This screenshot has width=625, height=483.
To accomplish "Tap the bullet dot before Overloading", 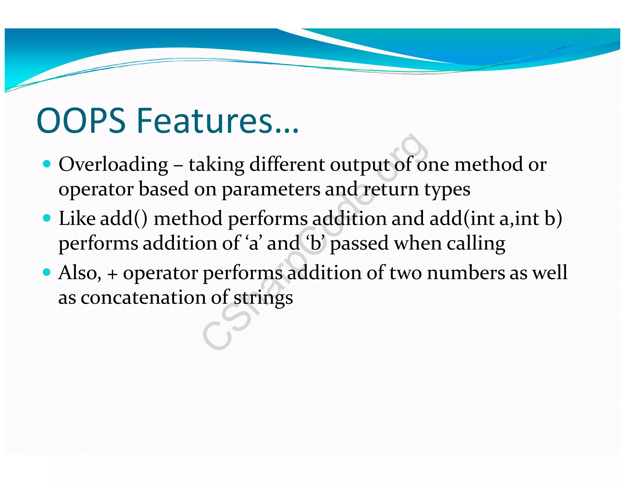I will [47, 164].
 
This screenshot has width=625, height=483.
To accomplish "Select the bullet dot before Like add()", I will [47, 218].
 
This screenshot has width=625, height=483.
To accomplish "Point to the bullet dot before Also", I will [47, 272].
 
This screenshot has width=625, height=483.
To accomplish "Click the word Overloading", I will [113, 165].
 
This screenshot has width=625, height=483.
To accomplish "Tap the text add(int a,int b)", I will [496, 219].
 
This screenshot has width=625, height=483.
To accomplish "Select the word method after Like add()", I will [188, 219].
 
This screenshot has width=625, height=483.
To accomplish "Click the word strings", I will [263, 298].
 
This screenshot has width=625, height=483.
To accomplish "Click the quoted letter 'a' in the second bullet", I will [253, 244].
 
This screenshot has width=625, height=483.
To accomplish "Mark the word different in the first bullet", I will [287, 165].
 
